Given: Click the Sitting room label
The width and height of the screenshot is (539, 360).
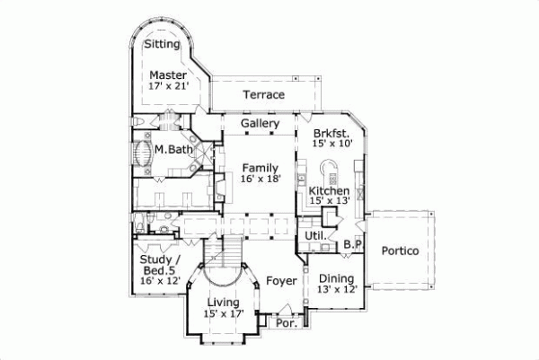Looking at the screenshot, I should pyautogui.click(x=163, y=44).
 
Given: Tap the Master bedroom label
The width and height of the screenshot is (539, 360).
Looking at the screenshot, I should pyautogui.click(x=167, y=75).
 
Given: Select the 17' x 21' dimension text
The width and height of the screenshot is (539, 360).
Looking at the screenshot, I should pyautogui.click(x=167, y=87).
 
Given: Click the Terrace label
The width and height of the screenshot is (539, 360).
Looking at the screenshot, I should pyautogui.click(x=263, y=94).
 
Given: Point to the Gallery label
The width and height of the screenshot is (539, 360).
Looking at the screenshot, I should pyautogui.click(x=261, y=123).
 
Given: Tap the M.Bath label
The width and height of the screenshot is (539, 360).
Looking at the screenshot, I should pyautogui.click(x=170, y=149).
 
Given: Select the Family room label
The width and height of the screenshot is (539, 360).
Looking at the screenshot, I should pyautogui.click(x=261, y=167).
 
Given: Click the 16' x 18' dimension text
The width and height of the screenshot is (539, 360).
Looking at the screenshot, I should pyautogui.click(x=261, y=180).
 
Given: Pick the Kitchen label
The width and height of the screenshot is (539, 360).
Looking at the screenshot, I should pyautogui.click(x=329, y=192).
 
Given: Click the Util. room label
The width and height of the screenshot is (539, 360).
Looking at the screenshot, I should pyautogui.click(x=315, y=236).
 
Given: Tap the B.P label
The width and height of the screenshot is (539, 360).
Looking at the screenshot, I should pyautogui.click(x=352, y=243).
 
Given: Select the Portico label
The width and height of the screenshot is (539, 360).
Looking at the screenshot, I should pyautogui.click(x=400, y=251).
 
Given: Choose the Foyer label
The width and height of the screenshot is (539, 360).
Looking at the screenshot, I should pyautogui.click(x=281, y=281).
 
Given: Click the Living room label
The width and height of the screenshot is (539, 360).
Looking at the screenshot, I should pyautogui.click(x=224, y=303).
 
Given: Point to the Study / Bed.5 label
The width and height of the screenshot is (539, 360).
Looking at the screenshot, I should pyautogui.click(x=161, y=268).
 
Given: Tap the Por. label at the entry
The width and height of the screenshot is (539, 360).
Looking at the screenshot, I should pyautogui.click(x=287, y=322).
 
